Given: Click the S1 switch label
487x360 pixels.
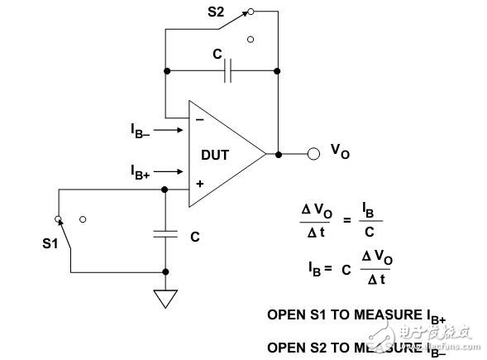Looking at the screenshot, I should coord(51,244).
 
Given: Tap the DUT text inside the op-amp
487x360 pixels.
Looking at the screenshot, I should coord(216,155).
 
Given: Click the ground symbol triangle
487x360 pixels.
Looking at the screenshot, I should coord(166,297).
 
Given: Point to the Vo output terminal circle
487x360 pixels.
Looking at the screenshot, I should coord(313,154).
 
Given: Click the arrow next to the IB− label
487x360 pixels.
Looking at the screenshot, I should coord(169,130).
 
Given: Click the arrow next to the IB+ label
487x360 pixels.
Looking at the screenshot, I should coord(169,171).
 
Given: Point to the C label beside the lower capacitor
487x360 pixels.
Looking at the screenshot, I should coord(195,237).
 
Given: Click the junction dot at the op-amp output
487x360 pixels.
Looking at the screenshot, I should coord(279,154).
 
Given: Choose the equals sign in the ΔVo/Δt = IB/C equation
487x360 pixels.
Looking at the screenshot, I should coord(348,220).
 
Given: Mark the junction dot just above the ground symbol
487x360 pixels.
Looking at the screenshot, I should coord(166,271).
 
